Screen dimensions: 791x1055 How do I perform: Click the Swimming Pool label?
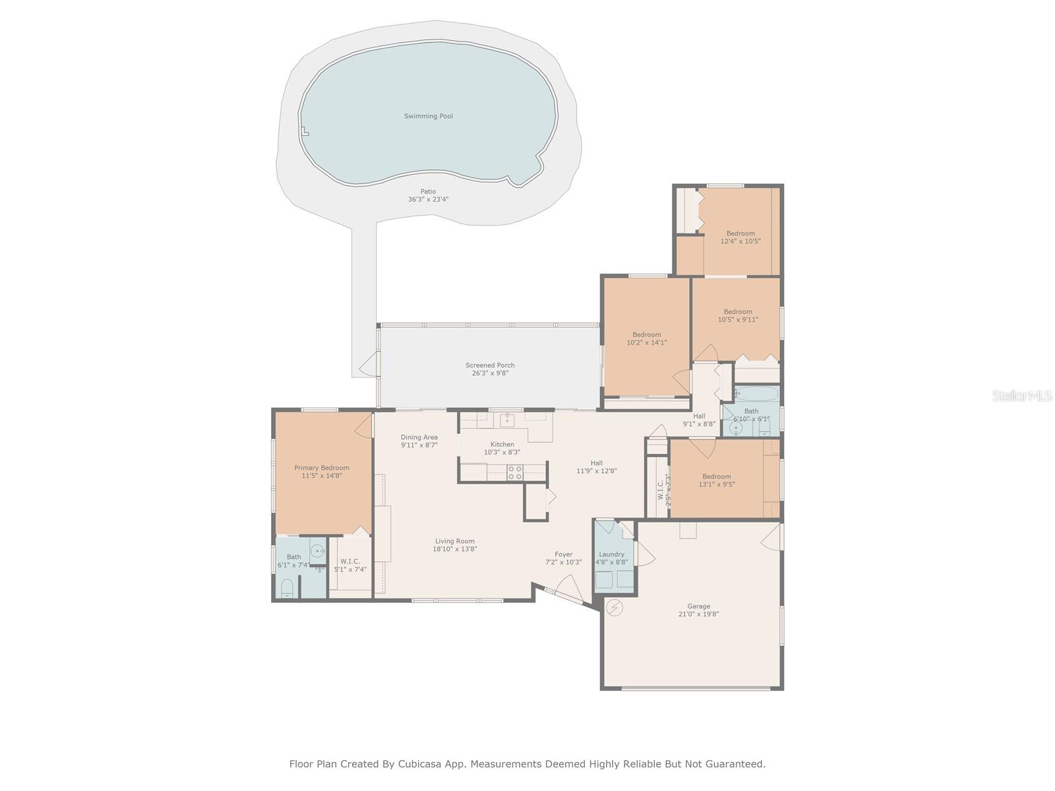(x=428, y=116)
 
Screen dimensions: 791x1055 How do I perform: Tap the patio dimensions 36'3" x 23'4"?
(x=428, y=199)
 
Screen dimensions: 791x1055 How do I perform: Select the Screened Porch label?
(x=490, y=365)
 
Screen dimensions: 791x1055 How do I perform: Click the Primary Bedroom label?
(x=322, y=468)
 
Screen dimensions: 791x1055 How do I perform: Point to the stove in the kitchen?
(x=515, y=472)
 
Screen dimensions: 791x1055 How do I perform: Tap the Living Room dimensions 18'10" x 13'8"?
(x=455, y=549)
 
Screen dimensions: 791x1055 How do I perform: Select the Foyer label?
(x=563, y=554)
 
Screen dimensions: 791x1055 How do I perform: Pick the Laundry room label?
(x=612, y=554)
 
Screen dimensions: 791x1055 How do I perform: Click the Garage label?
(x=698, y=606)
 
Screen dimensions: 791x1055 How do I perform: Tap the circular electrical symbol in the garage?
(x=615, y=607)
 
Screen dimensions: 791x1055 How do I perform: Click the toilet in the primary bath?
(x=287, y=588)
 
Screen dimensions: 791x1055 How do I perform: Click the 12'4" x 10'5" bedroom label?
(x=740, y=233)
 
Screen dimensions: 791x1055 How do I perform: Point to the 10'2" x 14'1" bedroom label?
(x=646, y=335)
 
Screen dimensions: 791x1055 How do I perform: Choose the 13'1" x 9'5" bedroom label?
(x=716, y=477)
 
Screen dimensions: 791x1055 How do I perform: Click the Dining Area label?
(x=419, y=437)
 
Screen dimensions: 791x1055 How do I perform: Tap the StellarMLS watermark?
(x=1021, y=395)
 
